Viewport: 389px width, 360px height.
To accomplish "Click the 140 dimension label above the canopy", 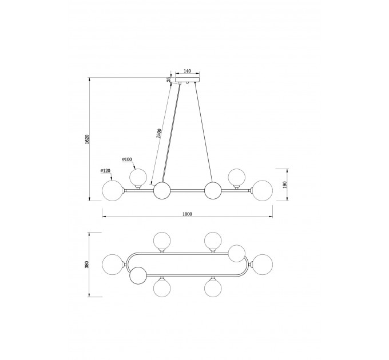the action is click(187, 71).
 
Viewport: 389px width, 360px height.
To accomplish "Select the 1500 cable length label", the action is click(159, 133).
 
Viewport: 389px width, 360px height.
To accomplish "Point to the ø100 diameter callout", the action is click(127, 159).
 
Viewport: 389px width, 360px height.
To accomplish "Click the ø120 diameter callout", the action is click(105, 171).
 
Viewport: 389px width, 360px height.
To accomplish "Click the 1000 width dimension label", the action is click(187, 214).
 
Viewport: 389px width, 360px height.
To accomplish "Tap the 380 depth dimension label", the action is click(86, 265).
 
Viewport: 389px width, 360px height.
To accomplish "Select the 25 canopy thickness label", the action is click(169, 79).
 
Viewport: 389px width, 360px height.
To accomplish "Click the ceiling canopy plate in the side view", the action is click(187, 79).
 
